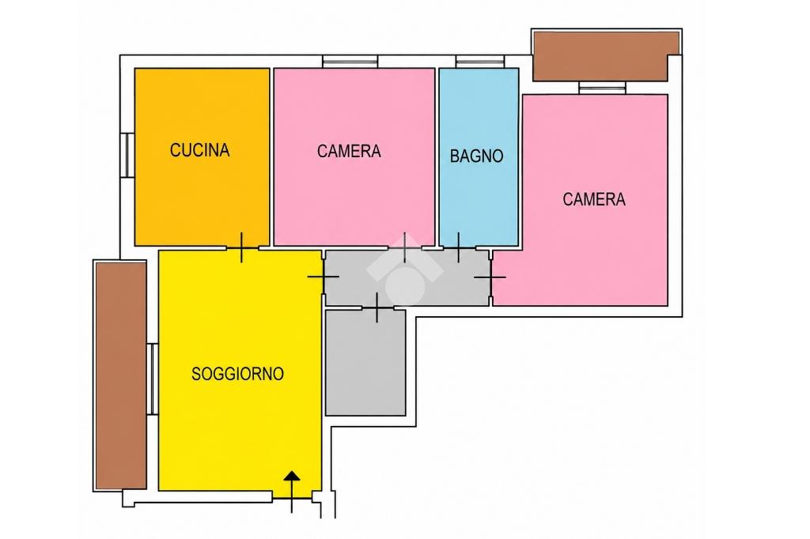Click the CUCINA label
tap(199, 150)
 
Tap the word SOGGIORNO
tap(237, 373)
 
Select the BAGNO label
tap(476, 156)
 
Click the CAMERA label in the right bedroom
tap(594, 199)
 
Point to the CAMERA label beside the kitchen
tap(349, 151)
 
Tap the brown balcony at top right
tap(606, 56)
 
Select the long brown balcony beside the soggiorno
tap(121, 375)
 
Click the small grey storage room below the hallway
tap(365, 363)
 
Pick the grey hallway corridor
tap(407, 277)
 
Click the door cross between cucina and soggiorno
tap(242, 248)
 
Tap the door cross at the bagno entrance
tap(458, 248)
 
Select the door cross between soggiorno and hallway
tap(324, 277)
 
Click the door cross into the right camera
tap(490, 277)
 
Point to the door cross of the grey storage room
tap(377, 307)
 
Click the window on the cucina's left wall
tap(127, 155)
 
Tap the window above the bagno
tap(479, 62)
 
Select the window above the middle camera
tap(350, 62)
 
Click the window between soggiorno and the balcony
tap(153, 379)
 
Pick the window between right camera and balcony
tap(602, 88)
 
